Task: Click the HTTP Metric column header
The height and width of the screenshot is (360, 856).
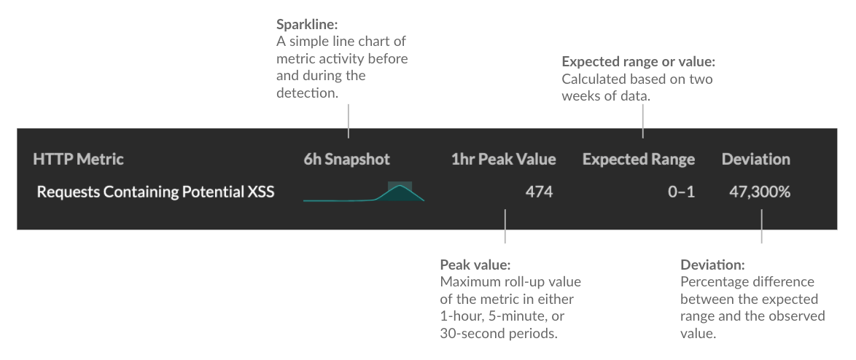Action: [x=78, y=160]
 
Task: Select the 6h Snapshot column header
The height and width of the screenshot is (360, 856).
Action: [x=346, y=160]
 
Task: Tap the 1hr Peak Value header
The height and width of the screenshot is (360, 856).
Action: [x=503, y=160]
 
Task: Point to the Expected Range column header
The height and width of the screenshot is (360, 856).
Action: [x=639, y=160]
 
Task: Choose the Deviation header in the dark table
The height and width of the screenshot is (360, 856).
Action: [x=755, y=160]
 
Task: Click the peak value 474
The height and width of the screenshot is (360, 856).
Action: [x=539, y=192]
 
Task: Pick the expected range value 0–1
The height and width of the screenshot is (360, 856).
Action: [x=681, y=192]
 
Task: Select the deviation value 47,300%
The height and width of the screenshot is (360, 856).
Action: [x=759, y=192]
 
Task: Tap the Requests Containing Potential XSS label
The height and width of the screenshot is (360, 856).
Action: [x=155, y=192]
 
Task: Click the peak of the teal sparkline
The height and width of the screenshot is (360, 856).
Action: [x=400, y=186]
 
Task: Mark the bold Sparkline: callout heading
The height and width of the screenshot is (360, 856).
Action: [x=308, y=25]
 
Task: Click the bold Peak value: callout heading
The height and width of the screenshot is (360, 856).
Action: [x=475, y=265]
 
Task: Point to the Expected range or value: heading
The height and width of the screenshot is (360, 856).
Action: [x=638, y=62]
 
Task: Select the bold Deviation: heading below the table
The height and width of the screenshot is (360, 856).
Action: [x=712, y=265]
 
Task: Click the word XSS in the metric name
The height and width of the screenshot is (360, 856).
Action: [x=261, y=192]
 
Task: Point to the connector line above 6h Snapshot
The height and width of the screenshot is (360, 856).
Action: [x=349, y=122]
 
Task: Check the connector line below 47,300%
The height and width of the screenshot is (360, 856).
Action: [x=761, y=227]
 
